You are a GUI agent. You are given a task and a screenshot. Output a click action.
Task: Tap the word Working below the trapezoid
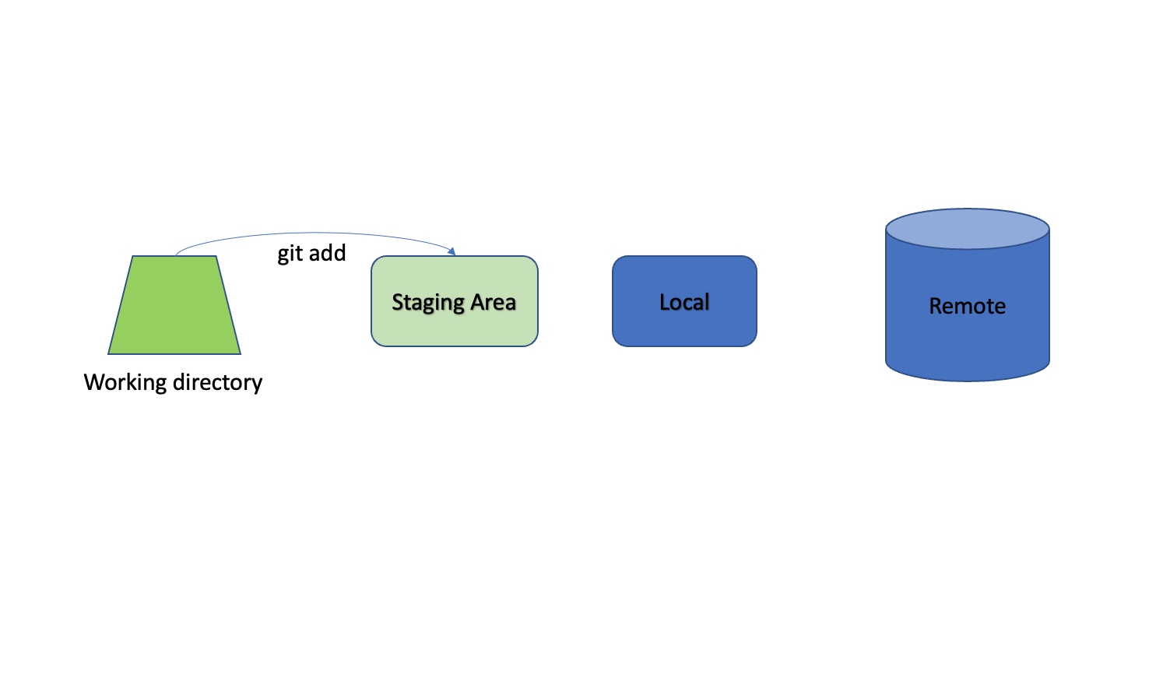pyautogui.click(x=125, y=382)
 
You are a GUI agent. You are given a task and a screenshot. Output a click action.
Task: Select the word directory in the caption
pyautogui.click(x=218, y=382)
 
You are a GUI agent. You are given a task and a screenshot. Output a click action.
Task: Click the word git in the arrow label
pyautogui.click(x=290, y=254)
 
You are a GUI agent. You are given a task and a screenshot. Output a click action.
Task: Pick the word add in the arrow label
pyautogui.click(x=328, y=253)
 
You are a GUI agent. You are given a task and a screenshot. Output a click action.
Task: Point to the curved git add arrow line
pyautogui.click(x=311, y=233)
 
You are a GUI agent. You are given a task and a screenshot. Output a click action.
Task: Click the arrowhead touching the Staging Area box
pyautogui.click(x=451, y=251)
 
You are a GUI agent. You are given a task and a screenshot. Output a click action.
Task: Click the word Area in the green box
pyautogui.click(x=494, y=302)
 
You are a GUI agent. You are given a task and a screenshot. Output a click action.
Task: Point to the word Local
pyautogui.click(x=684, y=302)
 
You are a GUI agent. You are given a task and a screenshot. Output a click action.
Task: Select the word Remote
pyautogui.click(x=968, y=306)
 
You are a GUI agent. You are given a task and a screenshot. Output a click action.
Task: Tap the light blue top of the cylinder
pyautogui.click(x=968, y=229)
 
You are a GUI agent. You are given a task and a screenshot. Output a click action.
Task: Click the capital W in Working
pyautogui.click(x=94, y=382)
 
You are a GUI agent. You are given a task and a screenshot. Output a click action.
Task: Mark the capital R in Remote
pyautogui.click(x=936, y=306)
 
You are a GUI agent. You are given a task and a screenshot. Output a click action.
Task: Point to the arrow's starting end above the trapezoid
pyautogui.click(x=177, y=254)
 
